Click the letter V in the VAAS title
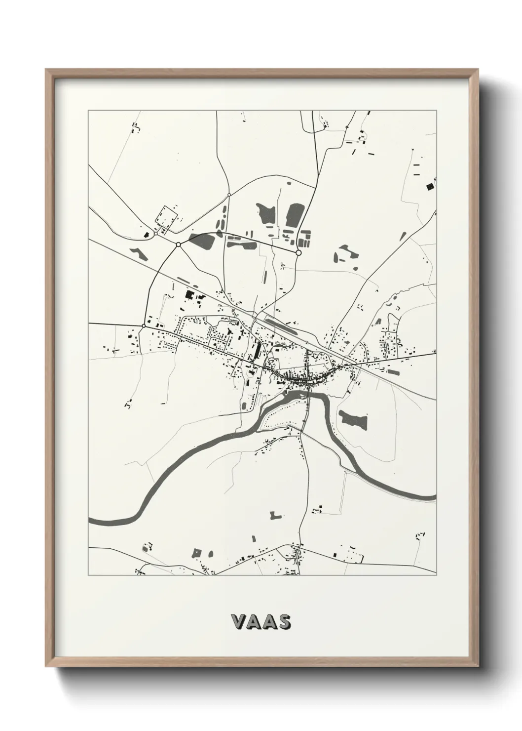(x=238, y=622)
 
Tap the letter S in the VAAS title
(x=284, y=622)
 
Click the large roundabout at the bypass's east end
(x=298, y=252)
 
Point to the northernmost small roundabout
(x=229, y=195)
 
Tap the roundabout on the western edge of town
(x=144, y=325)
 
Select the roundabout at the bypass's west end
(x=178, y=244)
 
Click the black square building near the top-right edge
(x=429, y=186)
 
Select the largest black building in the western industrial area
(x=189, y=295)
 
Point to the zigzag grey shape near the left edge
(x=138, y=253)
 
